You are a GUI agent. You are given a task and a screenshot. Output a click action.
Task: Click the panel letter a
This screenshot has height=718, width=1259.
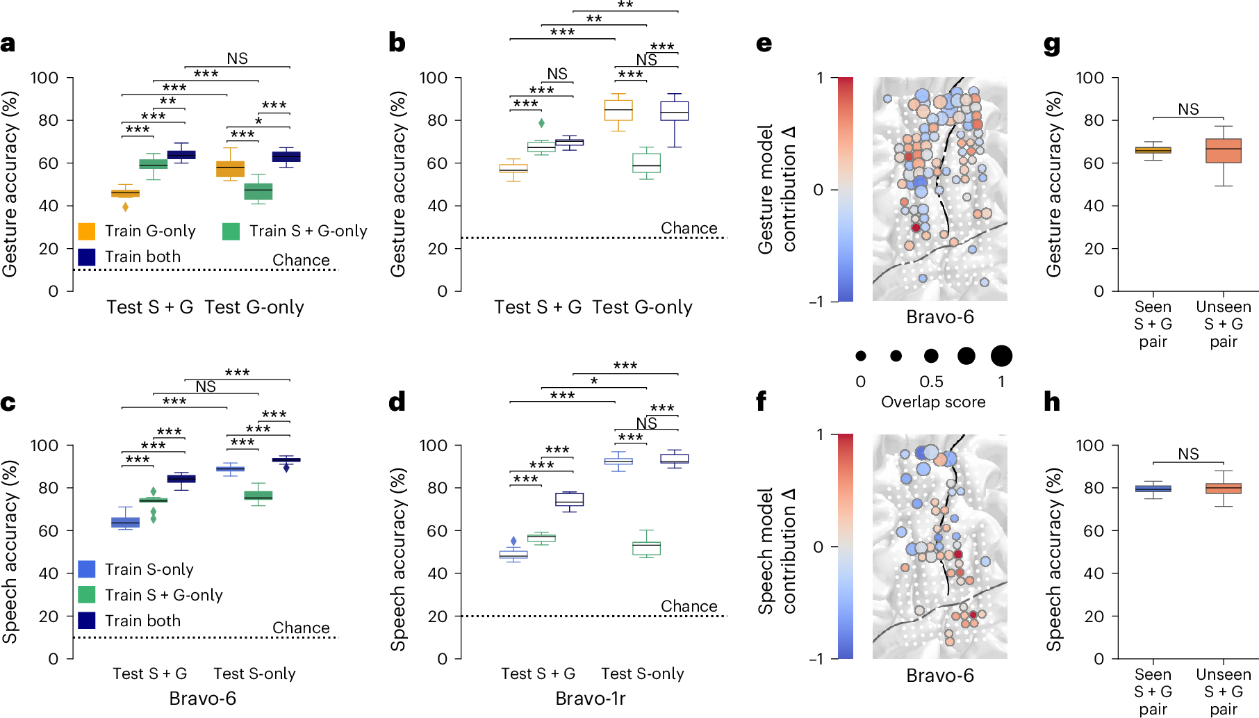[x=8, y=44]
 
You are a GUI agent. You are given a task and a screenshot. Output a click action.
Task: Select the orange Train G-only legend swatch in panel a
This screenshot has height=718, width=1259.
[x=87, y=231]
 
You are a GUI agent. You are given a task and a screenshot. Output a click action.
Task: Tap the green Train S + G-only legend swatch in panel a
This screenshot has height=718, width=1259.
[x=231, y=231]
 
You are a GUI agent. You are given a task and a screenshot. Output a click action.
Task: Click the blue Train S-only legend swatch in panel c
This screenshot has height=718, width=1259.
[x=87, y=569]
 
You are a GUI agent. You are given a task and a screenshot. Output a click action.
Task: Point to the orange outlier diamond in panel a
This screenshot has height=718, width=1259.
[x=126, y=206]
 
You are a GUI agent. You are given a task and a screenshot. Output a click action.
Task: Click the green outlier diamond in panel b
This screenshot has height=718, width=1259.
[x=542, y=123]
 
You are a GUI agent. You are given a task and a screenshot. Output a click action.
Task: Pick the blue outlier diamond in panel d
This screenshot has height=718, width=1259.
[x=514, y=541]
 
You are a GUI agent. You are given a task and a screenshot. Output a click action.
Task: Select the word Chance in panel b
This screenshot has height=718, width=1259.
[x=689, y=228]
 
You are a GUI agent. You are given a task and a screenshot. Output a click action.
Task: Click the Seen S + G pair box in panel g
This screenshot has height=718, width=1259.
[x=1153, y=150]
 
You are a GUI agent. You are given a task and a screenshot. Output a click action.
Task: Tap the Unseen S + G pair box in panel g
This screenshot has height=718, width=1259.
[x=1224, y=151]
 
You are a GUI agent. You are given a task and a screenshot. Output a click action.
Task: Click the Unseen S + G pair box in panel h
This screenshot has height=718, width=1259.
[x=1224, y=489]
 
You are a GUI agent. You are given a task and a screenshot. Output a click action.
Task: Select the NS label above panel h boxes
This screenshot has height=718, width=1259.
[x=1188, y=454]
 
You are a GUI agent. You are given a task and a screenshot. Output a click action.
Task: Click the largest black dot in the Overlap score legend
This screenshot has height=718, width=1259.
[x=1001, y=356]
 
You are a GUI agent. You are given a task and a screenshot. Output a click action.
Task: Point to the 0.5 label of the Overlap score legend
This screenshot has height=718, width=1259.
[x=931, y=382]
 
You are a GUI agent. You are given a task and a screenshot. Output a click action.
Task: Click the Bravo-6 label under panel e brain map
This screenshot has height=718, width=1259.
[x=940, y=317]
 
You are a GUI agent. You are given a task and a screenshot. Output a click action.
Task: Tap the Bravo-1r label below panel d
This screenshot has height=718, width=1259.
[x=591, y=699]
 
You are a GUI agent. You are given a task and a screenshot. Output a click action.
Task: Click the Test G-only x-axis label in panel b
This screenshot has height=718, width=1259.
[x=643, y=307]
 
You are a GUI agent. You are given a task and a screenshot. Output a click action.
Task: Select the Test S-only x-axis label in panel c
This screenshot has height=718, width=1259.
[x=254, y=674]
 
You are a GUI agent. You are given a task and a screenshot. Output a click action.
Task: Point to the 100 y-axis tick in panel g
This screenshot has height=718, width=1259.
[x=1089, y=78]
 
